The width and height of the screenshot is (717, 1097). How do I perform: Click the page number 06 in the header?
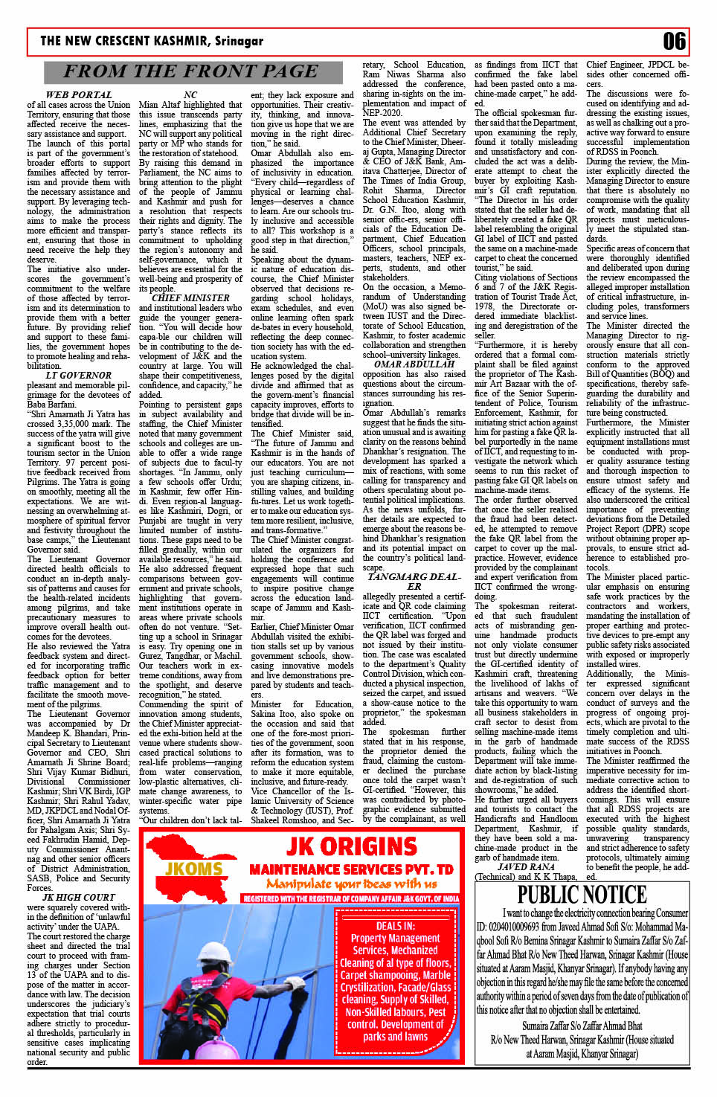[x=674, y=41]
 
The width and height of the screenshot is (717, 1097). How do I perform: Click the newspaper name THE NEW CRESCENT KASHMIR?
[x=152, y=41]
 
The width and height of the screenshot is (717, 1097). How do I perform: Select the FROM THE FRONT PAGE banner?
[x=190, y=71]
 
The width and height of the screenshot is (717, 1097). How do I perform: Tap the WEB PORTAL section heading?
[x=79, y=95]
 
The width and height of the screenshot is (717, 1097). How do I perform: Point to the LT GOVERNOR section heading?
[x=79, y=376]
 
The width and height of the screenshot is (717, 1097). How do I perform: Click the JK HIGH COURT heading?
[x=79, y=898]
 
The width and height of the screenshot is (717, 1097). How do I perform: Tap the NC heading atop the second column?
[x=190, y=95]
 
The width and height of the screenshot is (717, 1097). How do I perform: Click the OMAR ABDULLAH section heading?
[x=414, y=364]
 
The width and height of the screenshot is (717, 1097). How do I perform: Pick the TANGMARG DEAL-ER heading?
[x=414, y=582]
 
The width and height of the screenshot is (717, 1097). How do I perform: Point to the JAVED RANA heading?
[x=526, y=867]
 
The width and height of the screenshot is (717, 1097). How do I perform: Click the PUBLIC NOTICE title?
[x=582, y=895]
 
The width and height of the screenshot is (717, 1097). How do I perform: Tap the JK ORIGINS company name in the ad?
[x=351, y=846]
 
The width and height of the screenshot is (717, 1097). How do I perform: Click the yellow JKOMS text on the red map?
[x=193, y=868]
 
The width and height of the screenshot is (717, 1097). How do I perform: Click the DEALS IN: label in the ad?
[x=395, y=926]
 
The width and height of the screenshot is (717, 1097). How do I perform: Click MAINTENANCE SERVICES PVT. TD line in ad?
[x=351, y=869]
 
